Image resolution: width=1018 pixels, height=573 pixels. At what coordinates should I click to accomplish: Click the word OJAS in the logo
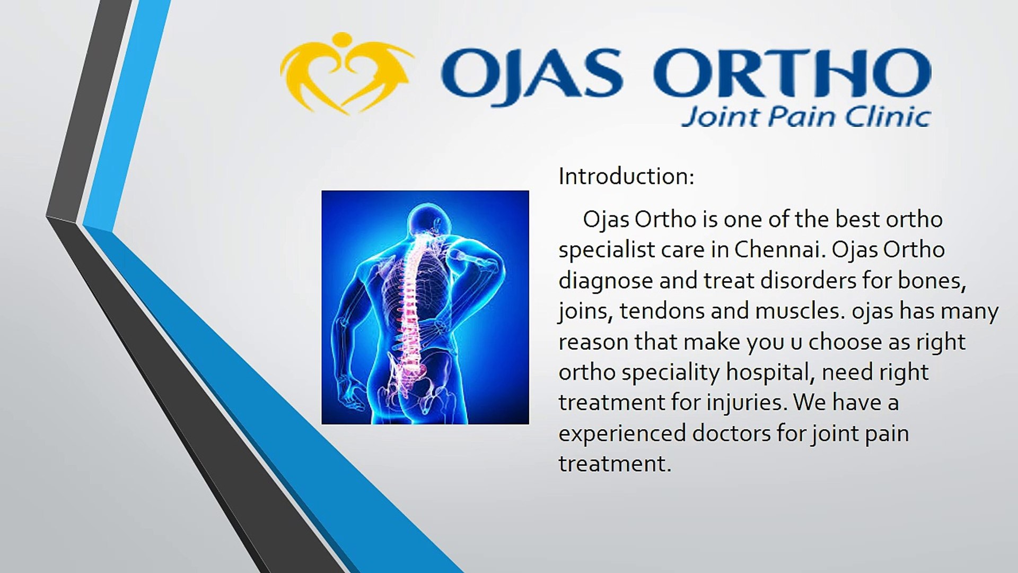[531, 74]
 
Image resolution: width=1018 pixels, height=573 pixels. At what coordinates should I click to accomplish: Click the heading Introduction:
[626, 177]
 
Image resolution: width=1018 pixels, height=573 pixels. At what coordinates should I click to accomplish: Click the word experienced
[622, 434]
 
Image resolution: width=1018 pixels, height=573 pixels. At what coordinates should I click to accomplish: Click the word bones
[932, 281]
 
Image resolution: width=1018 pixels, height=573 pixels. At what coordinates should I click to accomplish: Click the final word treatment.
[615, 464]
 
